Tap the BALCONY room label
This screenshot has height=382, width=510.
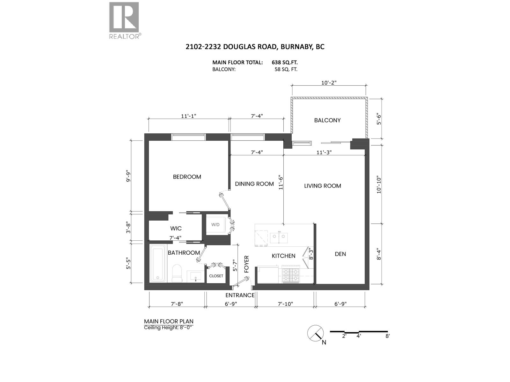tap(327, 120)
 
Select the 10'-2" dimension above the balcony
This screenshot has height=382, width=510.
tap(329, 83)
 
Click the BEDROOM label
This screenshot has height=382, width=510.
tap(187, 177)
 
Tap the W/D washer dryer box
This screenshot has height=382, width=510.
tap(216, 225)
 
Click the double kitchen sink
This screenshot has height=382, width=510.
tap(279, 237)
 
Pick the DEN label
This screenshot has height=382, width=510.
tap(340, 254)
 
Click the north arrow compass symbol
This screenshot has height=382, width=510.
tap(315, 334)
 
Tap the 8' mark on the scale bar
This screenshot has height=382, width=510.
tap(388, 336)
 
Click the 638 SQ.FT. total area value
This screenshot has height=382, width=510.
tap(285, 62)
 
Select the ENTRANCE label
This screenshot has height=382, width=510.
tap(240, 295)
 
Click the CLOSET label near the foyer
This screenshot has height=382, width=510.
tap(216, 276)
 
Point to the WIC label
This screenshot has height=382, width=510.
tap(176, 229)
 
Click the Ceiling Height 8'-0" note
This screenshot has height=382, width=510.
tap(169, 328)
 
